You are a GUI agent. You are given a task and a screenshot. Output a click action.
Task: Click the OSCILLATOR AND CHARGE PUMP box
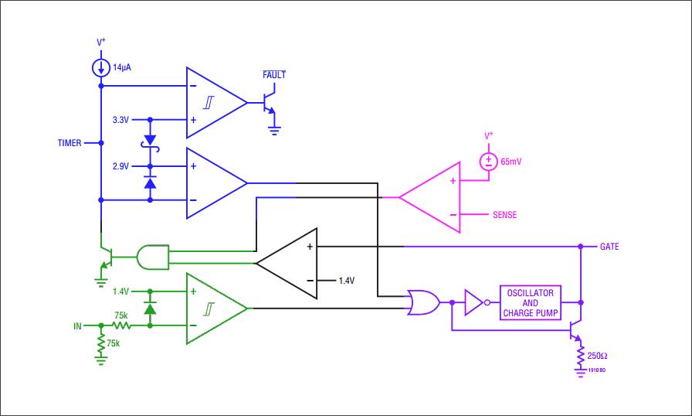(x=531, y=303)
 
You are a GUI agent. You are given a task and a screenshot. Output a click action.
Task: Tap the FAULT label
(x=274, y=75)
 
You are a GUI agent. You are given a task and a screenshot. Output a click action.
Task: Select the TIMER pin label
(x=70, y=143)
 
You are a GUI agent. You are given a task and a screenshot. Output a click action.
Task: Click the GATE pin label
(x=609, y=247)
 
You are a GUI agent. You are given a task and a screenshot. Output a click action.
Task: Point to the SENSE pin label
(x=504, y=215)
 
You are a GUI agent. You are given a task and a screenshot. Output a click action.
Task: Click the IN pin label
(x=77, y=326)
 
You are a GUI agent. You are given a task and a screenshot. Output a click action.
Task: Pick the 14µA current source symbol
(x=101, y=68)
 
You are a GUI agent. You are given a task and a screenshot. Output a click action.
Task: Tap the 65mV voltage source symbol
(x=488, y=162)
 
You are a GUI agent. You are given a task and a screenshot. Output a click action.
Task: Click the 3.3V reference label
(x=121, y=120)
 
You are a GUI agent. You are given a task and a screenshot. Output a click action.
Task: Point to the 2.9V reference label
(x=121, y=166)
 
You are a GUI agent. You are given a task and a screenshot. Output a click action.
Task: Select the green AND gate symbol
(x=152, y=257)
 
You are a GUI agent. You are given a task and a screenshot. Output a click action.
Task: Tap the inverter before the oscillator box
(x=474, y=302)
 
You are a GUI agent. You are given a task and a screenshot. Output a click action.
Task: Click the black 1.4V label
(x=347, y=281)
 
